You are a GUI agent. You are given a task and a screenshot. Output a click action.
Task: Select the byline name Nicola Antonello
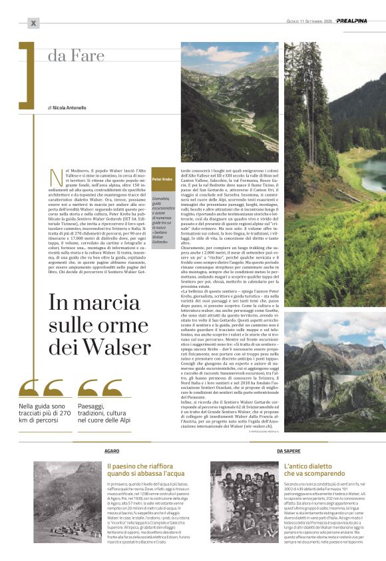point(69,107)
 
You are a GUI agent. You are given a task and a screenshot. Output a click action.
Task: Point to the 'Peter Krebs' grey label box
point(163,179)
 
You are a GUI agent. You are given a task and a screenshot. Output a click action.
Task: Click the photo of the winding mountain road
point(230,102)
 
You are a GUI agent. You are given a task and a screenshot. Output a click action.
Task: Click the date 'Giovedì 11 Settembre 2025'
point(305,21)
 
